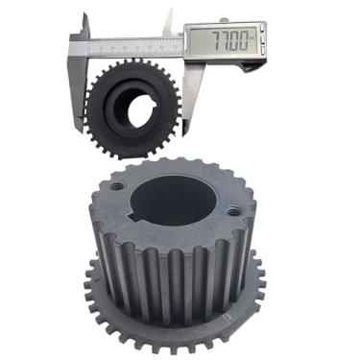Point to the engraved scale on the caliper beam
click(125, 44)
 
